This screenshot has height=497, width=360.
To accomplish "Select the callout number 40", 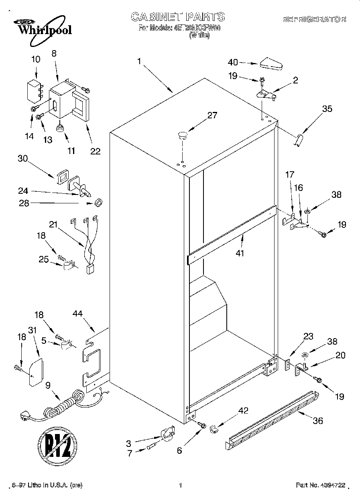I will [x=233, y=62].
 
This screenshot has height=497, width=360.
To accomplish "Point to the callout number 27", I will [x=212, y=116].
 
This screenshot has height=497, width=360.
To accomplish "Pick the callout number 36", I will [x=317, y=421].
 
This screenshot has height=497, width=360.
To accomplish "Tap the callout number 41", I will [x=240, y=253].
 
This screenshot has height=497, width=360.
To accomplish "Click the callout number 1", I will [x=139, y=61].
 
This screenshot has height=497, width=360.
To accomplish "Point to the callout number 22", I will [x=95, y=151].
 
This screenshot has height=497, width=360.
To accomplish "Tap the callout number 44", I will [x=78, y=313].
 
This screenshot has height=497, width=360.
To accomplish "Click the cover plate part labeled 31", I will [x=37, y=371].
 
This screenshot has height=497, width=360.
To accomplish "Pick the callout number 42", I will [x=243, y=410].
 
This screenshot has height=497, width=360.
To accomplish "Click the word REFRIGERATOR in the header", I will [x=314, y=19].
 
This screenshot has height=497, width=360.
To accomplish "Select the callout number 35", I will [x=327, y=108].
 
